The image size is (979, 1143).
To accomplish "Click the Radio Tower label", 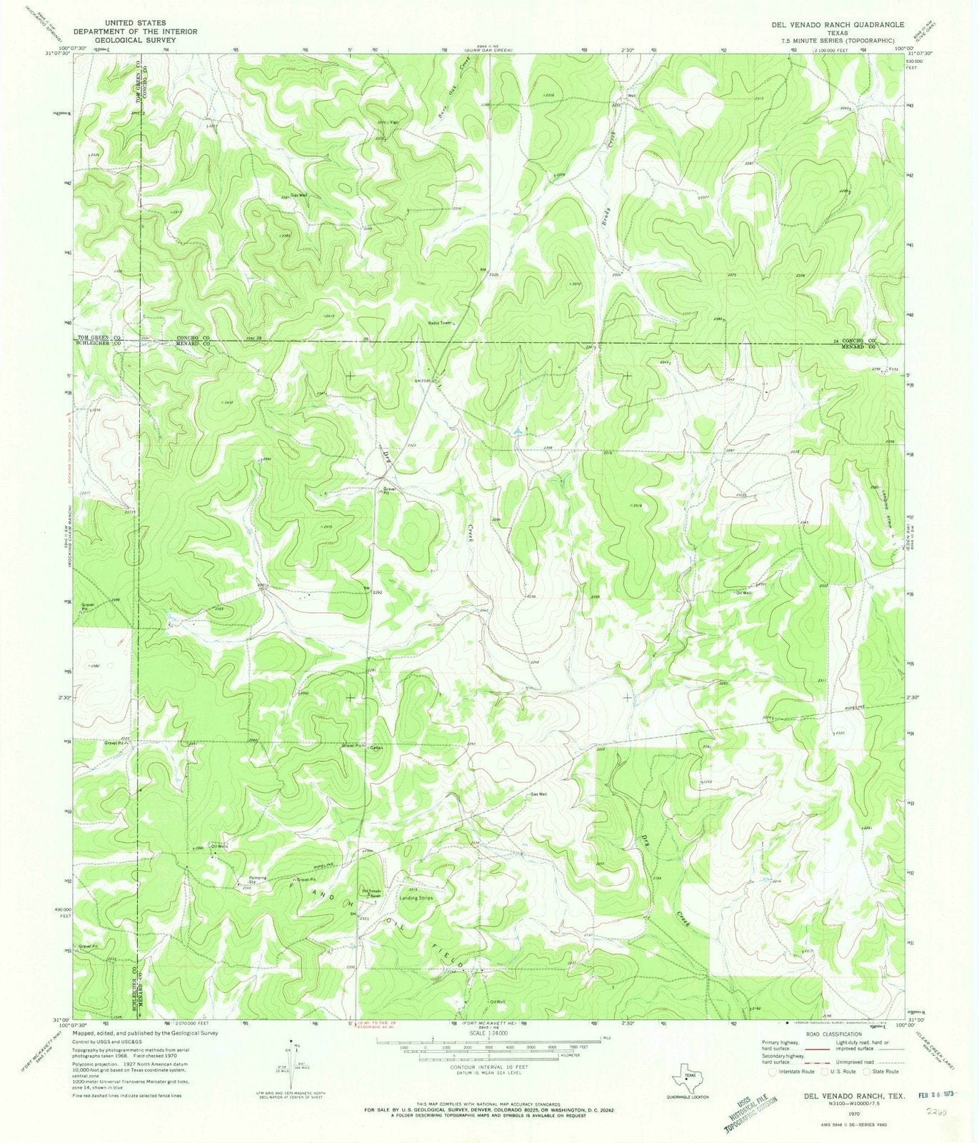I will [441, 322].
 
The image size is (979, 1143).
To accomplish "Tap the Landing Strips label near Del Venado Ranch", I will [416, 897].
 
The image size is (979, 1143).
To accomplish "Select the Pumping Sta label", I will [256, 880].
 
